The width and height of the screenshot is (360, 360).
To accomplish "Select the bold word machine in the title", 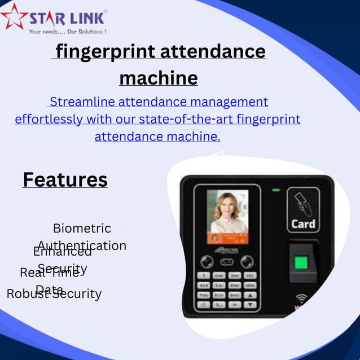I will click(159, 77).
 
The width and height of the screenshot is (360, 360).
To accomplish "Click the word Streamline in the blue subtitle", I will click(80, 102).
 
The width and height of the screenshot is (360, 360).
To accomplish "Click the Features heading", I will click(65, 179).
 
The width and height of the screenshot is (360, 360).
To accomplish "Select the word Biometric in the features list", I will click(82, 229).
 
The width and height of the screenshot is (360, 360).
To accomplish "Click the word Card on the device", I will click(303, 223).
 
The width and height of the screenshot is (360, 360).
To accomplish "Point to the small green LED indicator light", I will click(276, 190).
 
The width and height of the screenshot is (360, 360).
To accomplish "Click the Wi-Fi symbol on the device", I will click(302, 298).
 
